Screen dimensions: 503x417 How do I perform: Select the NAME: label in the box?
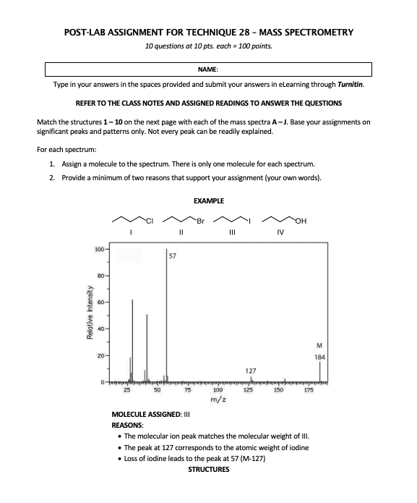tap(208, 69)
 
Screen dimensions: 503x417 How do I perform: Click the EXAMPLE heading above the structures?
tap(209, 200)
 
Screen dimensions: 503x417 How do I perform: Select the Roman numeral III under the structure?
tap(231, 232)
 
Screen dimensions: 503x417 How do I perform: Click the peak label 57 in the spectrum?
tap(173, 255)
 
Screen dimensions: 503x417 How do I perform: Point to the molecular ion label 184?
tap(320, 357)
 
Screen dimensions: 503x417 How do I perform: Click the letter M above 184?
tap(320, 345)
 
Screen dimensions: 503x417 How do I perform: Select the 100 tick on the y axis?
tap(98, 250)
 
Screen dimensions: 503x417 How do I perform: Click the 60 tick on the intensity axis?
tap(100, 303)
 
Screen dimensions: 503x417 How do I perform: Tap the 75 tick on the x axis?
tap(187, 390)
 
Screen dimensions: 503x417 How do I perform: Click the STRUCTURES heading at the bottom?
tap(208, 470)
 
